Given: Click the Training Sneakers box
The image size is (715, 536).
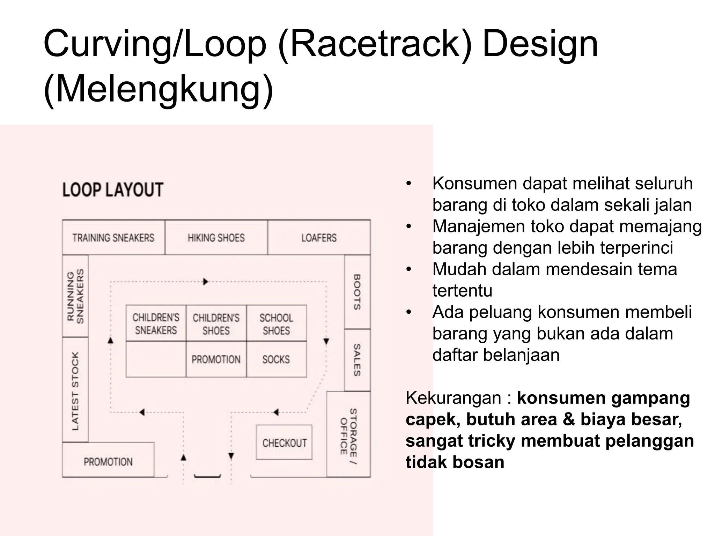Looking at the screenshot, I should click(113, 238).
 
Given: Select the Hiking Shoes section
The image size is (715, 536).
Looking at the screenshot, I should click(216, 238).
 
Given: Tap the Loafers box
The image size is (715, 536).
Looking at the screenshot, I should click(319, 238).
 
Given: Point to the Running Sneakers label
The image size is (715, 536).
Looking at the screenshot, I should click(75, 296).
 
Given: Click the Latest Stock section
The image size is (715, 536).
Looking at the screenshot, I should click(75, 390).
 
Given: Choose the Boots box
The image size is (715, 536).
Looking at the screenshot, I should click(357, 292).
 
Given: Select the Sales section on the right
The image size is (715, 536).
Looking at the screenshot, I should click(357, 360).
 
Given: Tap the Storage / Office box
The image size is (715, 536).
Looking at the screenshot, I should click(348, 434).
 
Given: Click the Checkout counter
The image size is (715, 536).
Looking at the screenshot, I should click(284, 442).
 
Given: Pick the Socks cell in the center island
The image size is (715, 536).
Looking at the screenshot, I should click(276, 359).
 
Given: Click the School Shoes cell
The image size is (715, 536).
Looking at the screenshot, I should click(276, 323).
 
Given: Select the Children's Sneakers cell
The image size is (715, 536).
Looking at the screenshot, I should click(156, 323).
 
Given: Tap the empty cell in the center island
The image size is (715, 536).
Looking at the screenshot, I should click(156, 359).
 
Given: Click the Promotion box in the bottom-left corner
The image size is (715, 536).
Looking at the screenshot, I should click(108, 461).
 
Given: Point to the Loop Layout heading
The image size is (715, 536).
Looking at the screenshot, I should click(113, 190).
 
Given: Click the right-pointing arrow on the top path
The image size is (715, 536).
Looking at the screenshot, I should click(206, 281).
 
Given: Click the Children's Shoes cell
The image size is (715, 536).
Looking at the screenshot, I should click(216, 323).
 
